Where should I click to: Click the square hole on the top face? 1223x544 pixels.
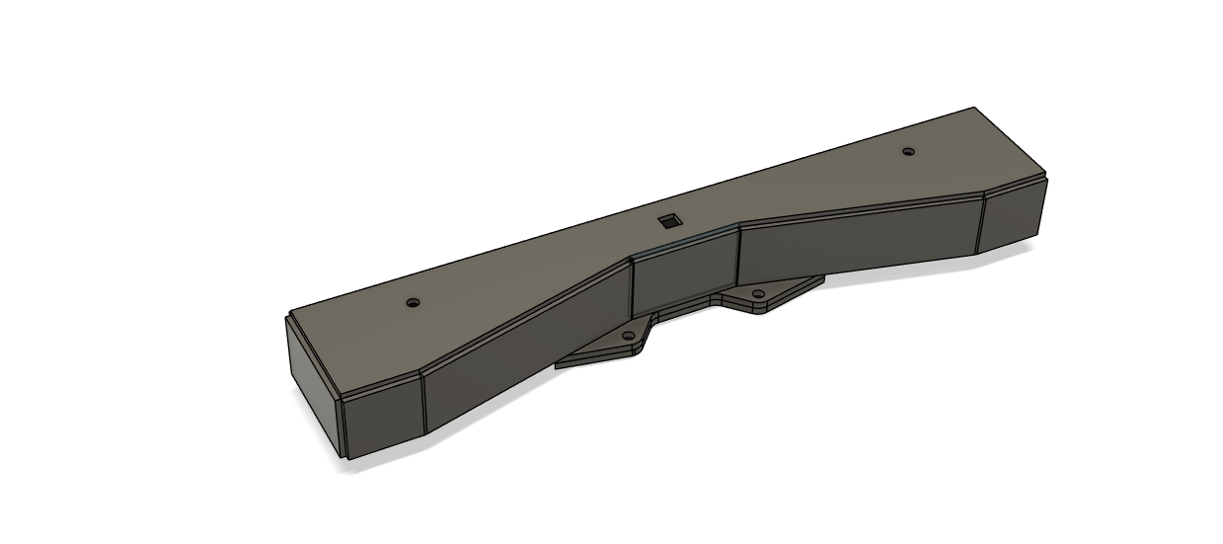point(670,220)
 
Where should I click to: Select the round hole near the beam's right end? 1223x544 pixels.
point(908,152)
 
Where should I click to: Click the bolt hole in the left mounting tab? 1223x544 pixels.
point(628,337)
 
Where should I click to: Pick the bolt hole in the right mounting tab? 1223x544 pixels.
point(758,294)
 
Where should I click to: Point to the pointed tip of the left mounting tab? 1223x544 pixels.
point(557,365)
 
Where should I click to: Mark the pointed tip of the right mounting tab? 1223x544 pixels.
point(823,277)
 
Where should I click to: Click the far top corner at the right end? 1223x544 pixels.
point(975,108)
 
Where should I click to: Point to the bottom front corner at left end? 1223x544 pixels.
point(346,459)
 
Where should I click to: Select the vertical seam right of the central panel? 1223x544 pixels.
point(738,257)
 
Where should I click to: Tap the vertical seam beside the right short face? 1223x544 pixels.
point(979,224)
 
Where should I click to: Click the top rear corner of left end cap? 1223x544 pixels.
point(287,316)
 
